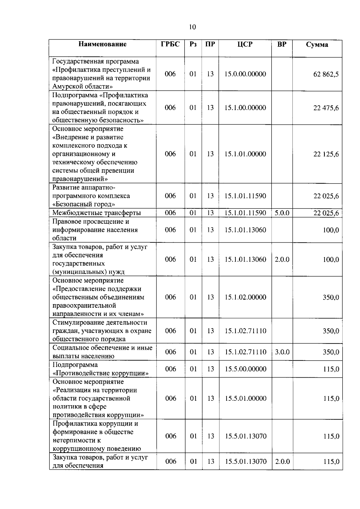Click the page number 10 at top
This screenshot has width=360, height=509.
(192, 27)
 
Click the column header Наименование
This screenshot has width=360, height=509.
(103, 44)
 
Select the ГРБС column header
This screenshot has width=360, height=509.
(170, 44)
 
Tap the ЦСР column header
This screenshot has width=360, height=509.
(245, 44)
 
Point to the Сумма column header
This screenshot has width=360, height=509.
(317, 45)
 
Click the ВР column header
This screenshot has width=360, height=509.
(282, 44)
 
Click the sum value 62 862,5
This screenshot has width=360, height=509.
(326, 74)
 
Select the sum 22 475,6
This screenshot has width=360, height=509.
(326, 108)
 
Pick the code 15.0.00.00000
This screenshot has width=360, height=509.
(245, 74)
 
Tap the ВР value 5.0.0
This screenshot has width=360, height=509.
(282, 213)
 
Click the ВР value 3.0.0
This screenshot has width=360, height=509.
(282, 352)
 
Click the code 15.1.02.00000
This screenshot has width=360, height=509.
(245, 297)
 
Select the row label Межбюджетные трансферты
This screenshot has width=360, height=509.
(97, 213)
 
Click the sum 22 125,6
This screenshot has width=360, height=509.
(326, 154)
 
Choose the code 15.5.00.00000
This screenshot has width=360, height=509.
(245, 369)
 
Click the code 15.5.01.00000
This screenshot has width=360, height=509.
(245, 398)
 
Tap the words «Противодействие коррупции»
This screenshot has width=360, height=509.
(100, 373)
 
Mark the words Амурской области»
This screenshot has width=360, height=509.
(82, 87)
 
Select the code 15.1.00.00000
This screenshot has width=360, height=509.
(245, 108)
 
